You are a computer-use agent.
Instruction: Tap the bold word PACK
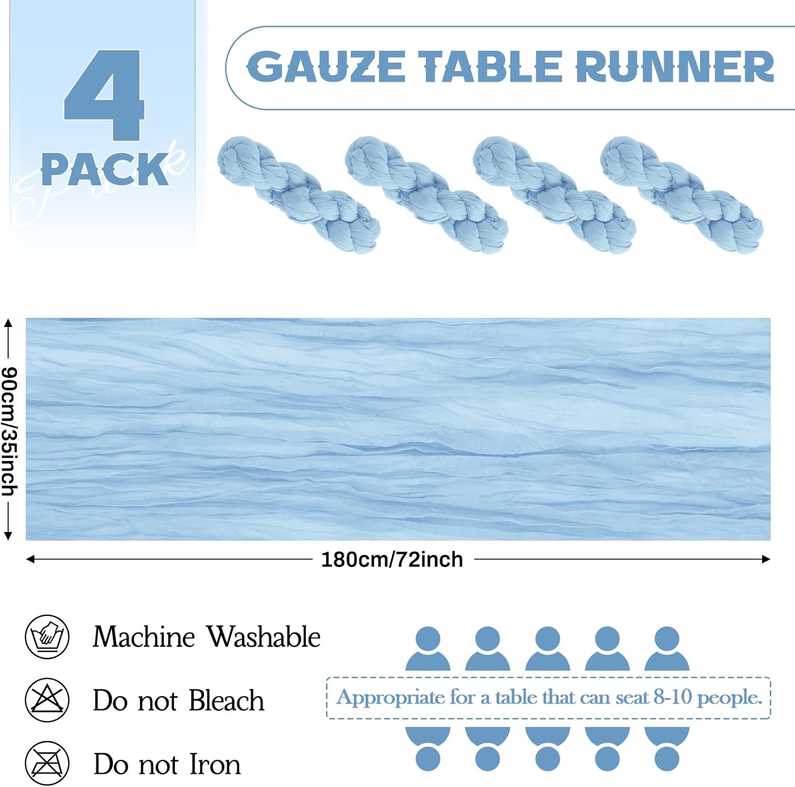tap(104, 170)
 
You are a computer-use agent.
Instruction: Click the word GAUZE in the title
tap(326, 67)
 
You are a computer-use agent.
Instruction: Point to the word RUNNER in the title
tap(675, 67)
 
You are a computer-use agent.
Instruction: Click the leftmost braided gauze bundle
tap(298, 194)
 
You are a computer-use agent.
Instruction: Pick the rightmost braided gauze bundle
tap(681, 194)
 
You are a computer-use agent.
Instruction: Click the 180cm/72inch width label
tap(392, 560)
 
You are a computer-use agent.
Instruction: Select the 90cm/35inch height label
tap(10, 431)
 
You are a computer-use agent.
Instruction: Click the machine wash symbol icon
tap(47, 636)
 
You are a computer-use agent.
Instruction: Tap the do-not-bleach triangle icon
tap(47, 700)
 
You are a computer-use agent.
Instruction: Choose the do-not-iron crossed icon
tap(47, 764)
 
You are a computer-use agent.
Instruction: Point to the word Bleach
tap(226, 701)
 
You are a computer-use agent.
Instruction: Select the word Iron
tap(215, 764)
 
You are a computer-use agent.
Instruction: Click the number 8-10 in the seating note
tap(673, 697)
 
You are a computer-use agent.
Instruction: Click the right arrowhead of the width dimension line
tap(766, 559)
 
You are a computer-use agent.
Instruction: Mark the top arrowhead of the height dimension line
tap(8, 322)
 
